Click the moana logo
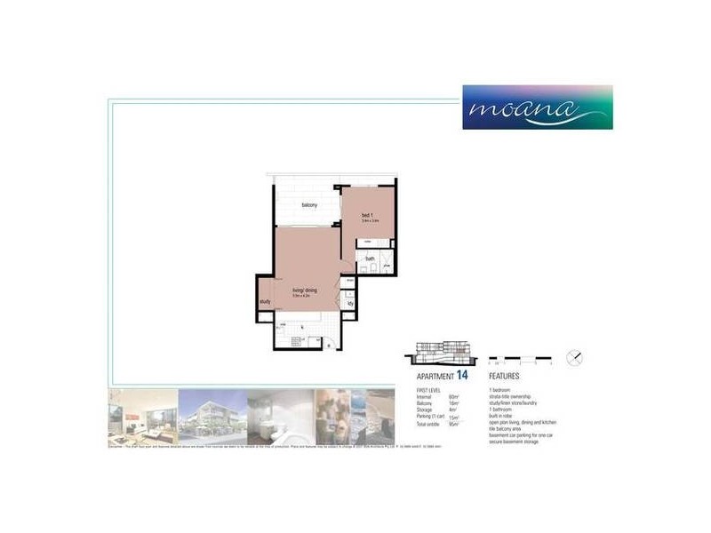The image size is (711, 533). pos(537,107)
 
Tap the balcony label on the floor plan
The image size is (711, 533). pos(309,205)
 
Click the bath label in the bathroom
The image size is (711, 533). pos(369,259)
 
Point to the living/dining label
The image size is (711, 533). pos(305,290)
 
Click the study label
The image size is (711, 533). pos(265,302)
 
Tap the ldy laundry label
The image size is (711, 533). pos(351,303)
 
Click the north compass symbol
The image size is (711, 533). pos(576,358)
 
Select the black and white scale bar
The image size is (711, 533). pos(520,361)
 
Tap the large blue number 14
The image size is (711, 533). pos(462,377)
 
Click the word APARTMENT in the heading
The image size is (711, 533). pos(435,378)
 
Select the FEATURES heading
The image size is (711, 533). pos(504,378)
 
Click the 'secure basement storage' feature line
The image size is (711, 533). pos(513,442)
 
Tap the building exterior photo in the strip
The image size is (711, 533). pos(212,416)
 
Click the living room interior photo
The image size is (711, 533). pos(142,416)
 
